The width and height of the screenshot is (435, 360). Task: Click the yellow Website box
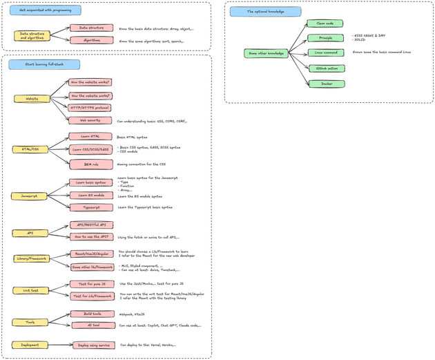[x=32, y=98]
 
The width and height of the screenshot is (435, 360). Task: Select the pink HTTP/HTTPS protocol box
[x=90, y=108]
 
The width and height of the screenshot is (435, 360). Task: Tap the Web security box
[x=90, y=120]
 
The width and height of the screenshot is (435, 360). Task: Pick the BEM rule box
[x=90, y=164]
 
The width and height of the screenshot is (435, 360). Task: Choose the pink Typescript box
[x=90, y=207]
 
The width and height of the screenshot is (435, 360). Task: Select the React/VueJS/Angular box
[x=90, y=254]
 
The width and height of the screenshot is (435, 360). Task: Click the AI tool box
[x=90, y=325]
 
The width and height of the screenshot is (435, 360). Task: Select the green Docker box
[x=326, y=84]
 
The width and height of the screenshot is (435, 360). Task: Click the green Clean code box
[x=326, y=23]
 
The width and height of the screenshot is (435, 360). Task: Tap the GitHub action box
[x=326, y=68]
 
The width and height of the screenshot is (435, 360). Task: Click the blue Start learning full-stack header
[x=44, y=64]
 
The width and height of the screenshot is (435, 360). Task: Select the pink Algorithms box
[x=90, y=41]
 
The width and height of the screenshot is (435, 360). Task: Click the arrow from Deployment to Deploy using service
[x=59, y=344]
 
